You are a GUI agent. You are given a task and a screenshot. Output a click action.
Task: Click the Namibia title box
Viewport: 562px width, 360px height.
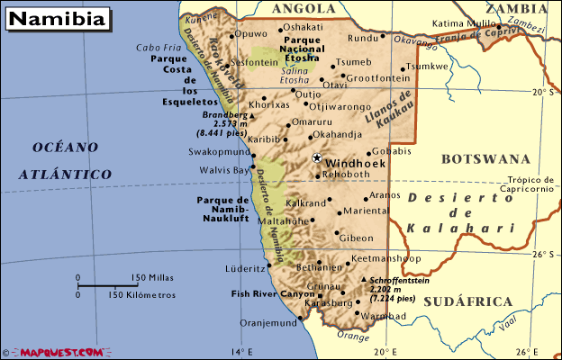[59, 17]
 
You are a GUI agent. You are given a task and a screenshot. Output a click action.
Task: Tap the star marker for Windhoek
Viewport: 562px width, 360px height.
[316, 157]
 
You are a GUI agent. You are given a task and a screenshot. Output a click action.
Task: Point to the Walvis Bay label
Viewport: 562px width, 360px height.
[224, 169]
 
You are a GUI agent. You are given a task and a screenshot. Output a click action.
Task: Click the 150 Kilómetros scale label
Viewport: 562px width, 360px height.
[142, 294]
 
